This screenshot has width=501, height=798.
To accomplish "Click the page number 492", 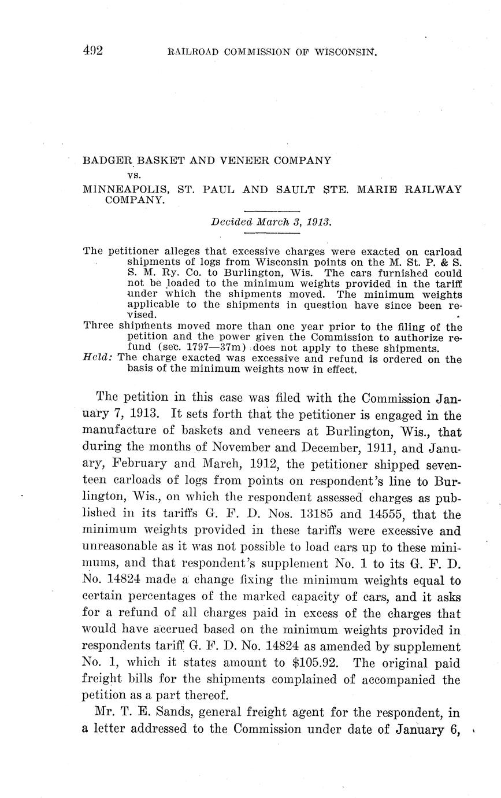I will pos(92,50).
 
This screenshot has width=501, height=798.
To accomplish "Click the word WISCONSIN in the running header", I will pos(345,51).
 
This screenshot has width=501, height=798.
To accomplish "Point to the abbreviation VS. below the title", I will pos(134,173).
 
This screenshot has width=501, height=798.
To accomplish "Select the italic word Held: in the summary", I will pos(98,359).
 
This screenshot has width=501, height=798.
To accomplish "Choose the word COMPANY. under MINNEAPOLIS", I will pos(135,200).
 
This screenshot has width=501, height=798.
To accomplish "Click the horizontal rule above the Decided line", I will pos(272,211).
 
